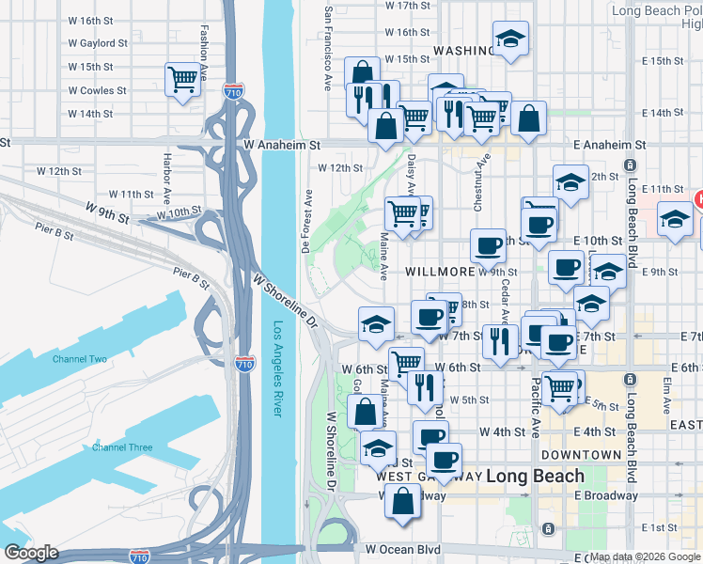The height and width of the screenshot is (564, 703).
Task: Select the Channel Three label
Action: point(121,447)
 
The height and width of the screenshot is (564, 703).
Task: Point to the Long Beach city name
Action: point(532,476)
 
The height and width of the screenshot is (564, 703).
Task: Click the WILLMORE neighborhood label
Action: point(439,272)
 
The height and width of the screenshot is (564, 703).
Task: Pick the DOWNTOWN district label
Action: point(581,454)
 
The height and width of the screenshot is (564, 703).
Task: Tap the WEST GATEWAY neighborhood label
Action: point(429,477)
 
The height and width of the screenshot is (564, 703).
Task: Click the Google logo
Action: point(31,553)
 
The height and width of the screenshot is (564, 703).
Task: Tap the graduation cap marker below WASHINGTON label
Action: point(510,39)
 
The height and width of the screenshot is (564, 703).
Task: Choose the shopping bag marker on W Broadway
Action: point(402,500)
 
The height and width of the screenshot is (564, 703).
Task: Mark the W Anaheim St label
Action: point(282,146)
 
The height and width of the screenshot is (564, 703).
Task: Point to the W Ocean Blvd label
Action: point(402,549)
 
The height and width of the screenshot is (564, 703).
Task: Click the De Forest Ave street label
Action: point(307,221)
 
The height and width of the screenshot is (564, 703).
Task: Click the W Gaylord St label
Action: point(98,43)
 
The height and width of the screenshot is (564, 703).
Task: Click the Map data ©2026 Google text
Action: point(645,556)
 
